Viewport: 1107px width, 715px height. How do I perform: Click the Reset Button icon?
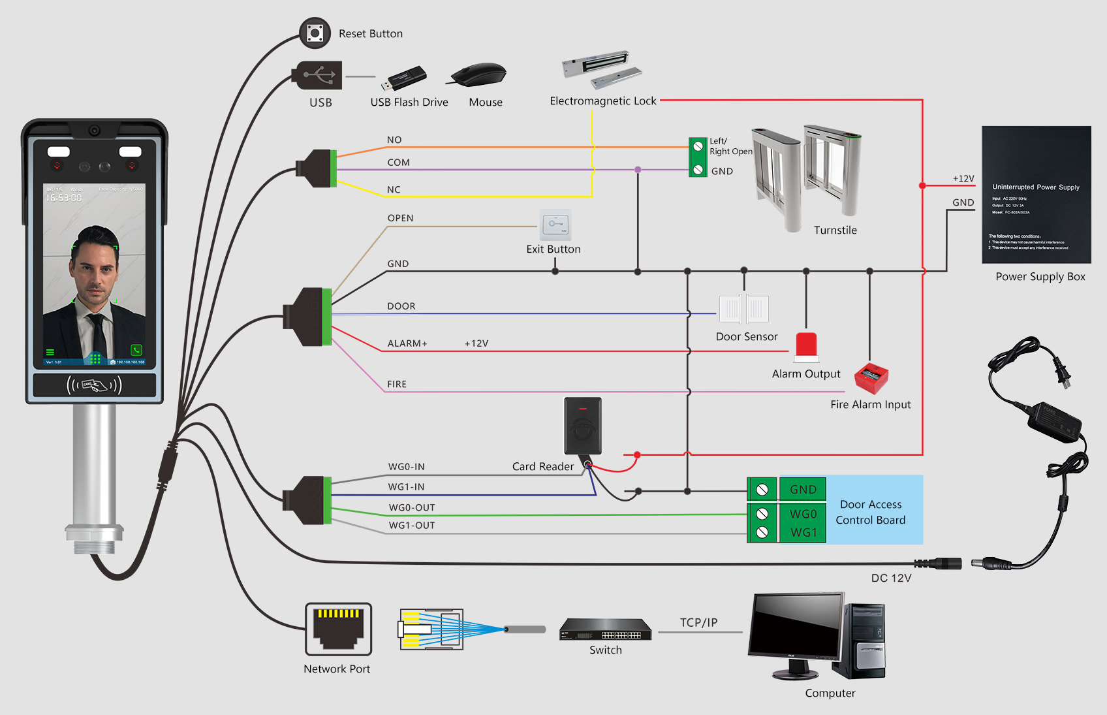click(x=315, y=33)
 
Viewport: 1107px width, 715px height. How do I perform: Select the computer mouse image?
click(x=480, y=74)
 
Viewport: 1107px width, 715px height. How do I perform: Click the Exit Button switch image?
click(x=555, y=225)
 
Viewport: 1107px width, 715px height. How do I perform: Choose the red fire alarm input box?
click(x=871, y=377)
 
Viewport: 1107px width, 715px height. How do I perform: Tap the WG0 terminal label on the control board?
click(x=803, y=514)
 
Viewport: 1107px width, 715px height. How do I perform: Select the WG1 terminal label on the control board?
click(x=803, y=532)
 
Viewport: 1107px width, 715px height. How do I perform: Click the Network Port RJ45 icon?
click(x=338, y=629)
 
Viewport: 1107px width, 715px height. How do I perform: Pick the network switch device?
click(x=605, y=630)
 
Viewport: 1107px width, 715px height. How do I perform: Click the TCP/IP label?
click(x=698, y=622)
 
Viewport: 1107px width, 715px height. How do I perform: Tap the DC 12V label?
click(x=891, y=578)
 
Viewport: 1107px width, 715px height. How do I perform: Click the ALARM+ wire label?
click(x=407, y=343)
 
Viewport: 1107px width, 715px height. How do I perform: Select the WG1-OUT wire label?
click(x=412, y=525)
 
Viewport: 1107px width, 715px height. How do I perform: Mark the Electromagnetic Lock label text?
click(x=602, y=101)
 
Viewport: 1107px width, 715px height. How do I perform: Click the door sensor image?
click(x=743, y=309)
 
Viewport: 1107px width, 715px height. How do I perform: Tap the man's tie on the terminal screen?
click(x=99, y=333)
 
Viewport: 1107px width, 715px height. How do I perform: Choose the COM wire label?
click(x=398, y=163)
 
